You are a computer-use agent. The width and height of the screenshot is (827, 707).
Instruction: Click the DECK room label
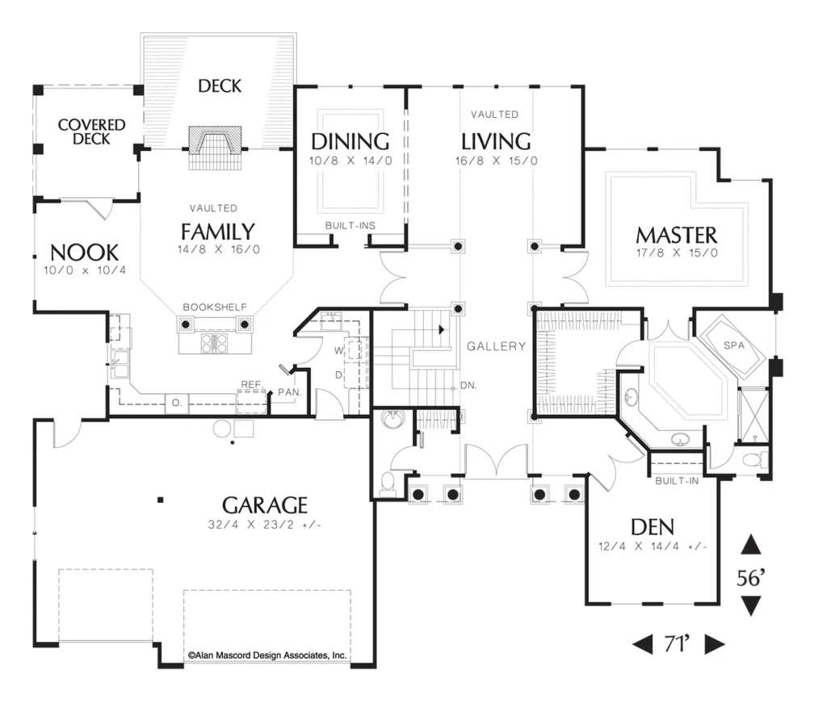tap(220, 86)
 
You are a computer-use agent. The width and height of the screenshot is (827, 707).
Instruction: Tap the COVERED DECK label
tap(92, 132)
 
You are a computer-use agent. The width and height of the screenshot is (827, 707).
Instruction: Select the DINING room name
tap(351, 142)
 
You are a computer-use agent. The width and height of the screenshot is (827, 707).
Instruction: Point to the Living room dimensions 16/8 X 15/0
tap(497, 161)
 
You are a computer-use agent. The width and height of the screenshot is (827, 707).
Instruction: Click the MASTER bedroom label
tap(677, 235)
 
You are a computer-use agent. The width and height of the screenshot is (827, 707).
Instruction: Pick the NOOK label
tap(84, 253)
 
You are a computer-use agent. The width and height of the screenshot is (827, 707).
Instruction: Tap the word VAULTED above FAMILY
tap(213, 208)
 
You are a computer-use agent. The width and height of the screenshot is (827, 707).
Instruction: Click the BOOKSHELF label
tap(215, 307)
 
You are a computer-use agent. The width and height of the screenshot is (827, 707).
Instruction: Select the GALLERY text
tap(497, 346)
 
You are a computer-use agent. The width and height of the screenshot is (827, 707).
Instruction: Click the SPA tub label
tap(734, 345)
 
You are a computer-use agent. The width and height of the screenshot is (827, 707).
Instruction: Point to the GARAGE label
tap(265, 505)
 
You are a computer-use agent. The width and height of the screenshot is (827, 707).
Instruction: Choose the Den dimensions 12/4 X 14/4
tap(653, 546)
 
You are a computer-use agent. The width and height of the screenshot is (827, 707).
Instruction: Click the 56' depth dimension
tap(750, 578)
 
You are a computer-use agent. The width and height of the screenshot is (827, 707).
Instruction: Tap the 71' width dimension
tap(678, 644)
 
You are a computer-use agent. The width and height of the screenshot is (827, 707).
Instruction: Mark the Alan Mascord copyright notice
tap(267, 655)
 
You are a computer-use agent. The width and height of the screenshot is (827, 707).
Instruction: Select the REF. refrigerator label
tap(252, 385)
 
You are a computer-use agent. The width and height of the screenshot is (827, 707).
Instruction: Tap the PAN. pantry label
tap(290, 393)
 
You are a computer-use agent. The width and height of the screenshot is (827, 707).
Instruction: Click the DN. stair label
tap(468, 386)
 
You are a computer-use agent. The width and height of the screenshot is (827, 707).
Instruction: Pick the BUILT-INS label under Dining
tap(351, 226)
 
